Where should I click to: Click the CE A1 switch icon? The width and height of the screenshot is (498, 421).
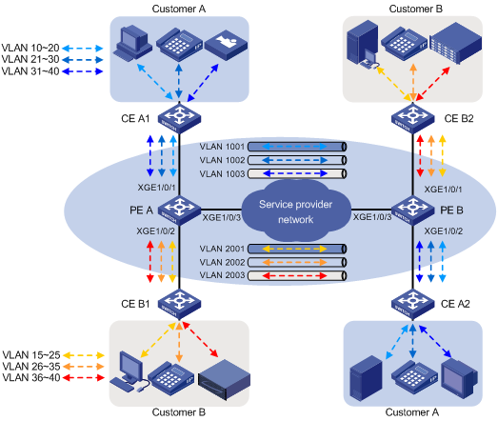pos(177,119)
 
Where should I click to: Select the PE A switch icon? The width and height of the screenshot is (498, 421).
pos(177,209)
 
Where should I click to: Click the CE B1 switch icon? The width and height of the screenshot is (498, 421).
pos(177,303)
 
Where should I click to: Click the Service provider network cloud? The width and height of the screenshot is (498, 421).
pos(295,209)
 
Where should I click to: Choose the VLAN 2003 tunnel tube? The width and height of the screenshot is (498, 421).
pos(285,275)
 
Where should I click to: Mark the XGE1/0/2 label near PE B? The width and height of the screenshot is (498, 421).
pos(444,231)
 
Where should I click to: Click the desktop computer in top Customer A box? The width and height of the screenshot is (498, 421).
pos(132,40)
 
